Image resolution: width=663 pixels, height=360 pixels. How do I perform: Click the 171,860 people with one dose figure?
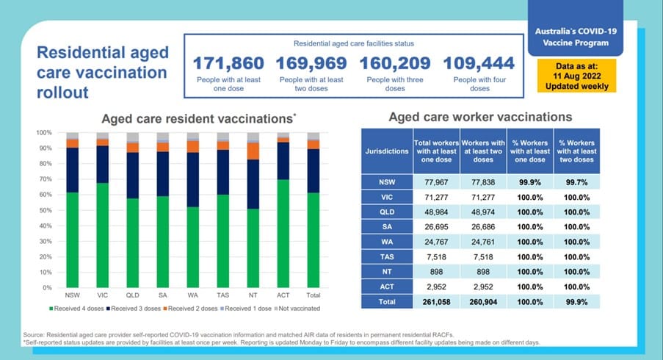(x=231, y=64)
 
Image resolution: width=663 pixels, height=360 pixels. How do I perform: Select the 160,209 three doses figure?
(x=396, y=64)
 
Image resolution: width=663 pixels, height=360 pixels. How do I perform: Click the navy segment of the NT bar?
(x=253, y=184)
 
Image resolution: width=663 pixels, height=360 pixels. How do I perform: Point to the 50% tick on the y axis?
(x=45, y=211)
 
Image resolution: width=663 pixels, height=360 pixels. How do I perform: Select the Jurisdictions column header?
(x=386, y=150)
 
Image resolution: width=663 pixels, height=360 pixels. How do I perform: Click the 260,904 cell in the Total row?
(x=482, y=302)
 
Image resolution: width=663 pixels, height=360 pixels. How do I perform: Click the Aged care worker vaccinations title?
(x=480, y=116)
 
